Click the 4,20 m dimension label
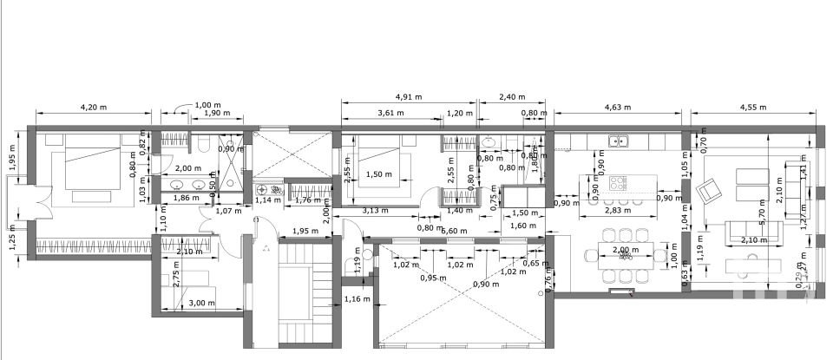pyautogui.click(x=93, y=108)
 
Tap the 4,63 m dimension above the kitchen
pyautogui.click(x=619, y=108)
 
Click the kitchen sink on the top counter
pyautogui.click(x=618, y=141)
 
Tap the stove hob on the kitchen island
pyautogui.click(x=618, y=183)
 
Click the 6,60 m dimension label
pyautogui.click(x=455, y=231)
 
